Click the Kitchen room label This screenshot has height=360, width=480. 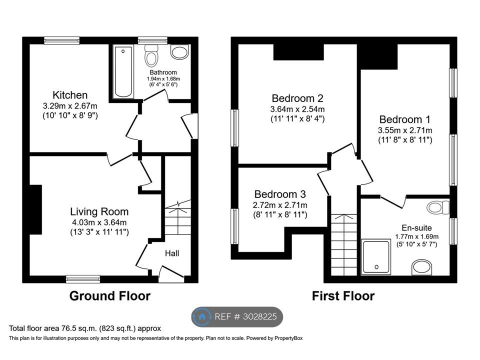click(70, 95)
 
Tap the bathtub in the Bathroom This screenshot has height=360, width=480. click(123, 71)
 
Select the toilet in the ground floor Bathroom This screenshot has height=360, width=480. click(151, 55)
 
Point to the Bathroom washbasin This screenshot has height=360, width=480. click(179, 51)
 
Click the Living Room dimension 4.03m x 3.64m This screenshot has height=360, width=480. click(98, 222)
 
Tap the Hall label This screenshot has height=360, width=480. click(172, 253)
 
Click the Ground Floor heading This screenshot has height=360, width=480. click(110, 296)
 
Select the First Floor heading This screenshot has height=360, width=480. click(343, 296)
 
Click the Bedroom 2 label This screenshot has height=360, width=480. click(297, 98)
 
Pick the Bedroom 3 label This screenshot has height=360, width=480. click(280, 194)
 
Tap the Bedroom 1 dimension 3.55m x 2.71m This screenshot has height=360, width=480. click(405, 130)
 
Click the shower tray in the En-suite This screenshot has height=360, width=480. click(376, 257)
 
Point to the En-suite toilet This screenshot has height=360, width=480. click(438, 208)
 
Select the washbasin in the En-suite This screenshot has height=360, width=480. click(422, 267)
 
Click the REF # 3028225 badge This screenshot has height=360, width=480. click(237, 317)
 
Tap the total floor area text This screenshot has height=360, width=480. click(85, 329)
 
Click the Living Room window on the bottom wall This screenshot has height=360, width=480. click(83, 279)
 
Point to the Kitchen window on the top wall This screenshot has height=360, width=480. click(62, 40)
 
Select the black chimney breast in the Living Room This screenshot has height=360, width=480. click(35, 209)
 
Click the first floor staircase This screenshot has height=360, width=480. click(344, 244)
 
